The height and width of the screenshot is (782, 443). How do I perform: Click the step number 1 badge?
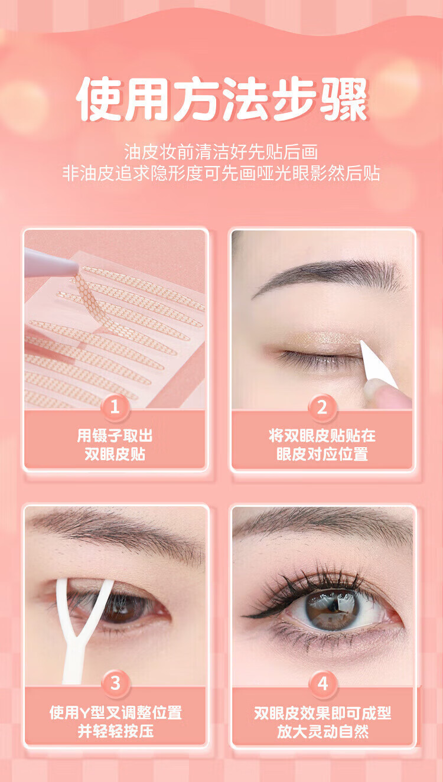click(115, 408)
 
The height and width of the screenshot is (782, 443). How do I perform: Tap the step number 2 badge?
click(322, 408)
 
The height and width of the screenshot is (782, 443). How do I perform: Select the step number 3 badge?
click(115, 683)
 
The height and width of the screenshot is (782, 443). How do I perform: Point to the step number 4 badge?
click(323, 683)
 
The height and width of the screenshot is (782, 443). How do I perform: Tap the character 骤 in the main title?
click(344, 99)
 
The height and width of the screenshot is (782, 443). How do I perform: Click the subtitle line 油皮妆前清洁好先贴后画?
click(221, 152)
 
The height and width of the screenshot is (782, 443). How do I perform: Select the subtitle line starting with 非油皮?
click(221, 173)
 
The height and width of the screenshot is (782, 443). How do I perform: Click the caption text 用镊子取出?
click(115, 436)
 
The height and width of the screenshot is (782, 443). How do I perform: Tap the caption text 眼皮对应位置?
click(323, 454)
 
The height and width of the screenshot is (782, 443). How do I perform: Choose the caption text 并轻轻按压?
click(116, 731)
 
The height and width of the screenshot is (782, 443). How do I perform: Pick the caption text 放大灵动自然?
click(323, 731)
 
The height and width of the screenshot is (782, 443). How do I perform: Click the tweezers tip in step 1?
click(76, 269)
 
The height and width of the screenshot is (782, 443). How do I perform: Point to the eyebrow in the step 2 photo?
click(328, 276)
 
